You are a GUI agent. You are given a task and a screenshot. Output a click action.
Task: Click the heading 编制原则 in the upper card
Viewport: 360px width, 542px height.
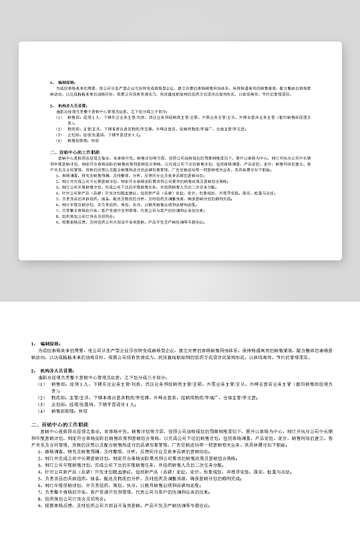point(66,83)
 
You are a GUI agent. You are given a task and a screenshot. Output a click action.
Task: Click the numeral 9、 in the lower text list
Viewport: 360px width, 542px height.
point(40,505)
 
